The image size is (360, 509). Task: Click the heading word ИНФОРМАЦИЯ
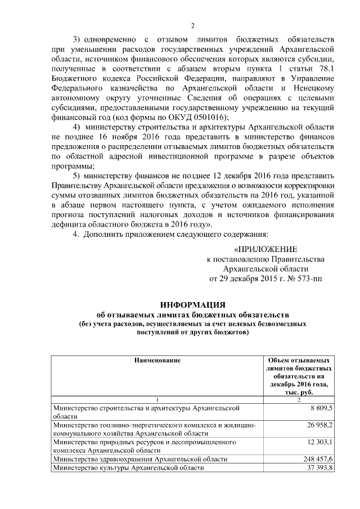click(x=193, y=304)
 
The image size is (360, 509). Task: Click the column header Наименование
click(x=157, y=359)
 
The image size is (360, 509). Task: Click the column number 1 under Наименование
click(x=157, y=399)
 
